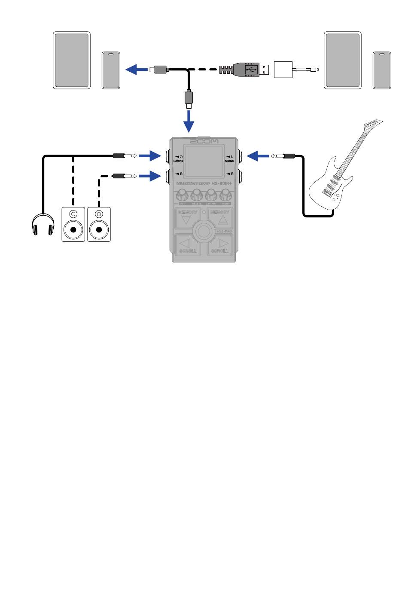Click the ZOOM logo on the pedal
[x=204, y=141]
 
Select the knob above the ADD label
[x=183, y=195]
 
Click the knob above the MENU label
[x=225, y=195]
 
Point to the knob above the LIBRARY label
[x=211, y=195]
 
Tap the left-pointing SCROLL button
[x=186, y=246]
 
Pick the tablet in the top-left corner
[x=72, y=60]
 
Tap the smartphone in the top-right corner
[x=382, y=70]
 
